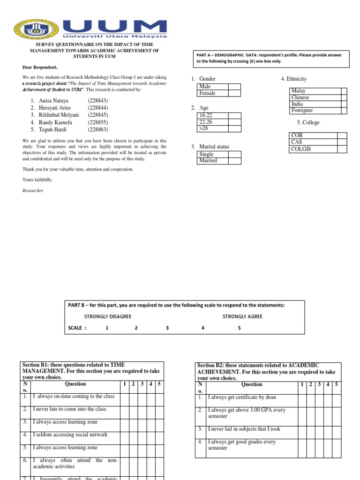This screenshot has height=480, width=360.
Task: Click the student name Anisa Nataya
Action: (53, 100)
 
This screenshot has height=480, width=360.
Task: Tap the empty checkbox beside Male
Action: (234, 87)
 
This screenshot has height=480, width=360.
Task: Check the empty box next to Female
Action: (234, 93)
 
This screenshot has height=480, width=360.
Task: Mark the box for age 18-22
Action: (234, 116)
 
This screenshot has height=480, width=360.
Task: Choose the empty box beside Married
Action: (234, 161)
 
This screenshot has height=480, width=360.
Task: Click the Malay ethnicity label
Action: (298, 91)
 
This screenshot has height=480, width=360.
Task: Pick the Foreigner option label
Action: (302, 111)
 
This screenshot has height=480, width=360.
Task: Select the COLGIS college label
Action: (301, 149)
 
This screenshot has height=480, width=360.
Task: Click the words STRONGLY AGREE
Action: (242, 316)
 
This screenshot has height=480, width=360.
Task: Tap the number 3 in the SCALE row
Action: (167, 328)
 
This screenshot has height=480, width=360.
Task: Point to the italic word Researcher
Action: (33, 191)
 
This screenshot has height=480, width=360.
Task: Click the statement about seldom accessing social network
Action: (70, 435)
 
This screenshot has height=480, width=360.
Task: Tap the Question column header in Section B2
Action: (251, 384)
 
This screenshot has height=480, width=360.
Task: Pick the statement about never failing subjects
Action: (244, 428)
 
